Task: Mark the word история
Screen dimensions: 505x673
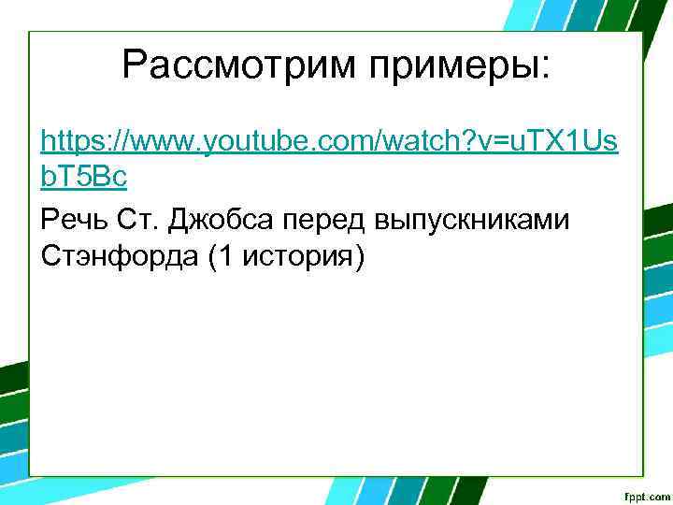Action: click(x=294, y=256)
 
